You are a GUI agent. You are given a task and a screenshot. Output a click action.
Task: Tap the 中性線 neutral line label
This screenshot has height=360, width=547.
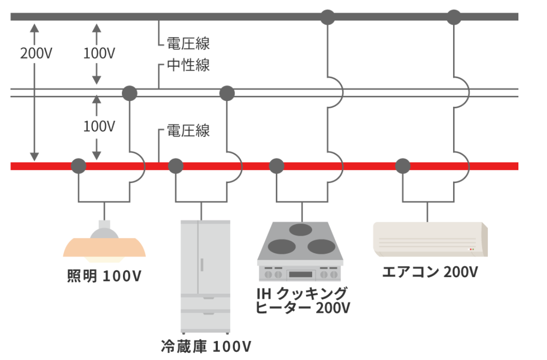click(188, 65)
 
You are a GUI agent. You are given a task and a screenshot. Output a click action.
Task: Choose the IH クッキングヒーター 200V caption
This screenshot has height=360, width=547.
click(303, 300)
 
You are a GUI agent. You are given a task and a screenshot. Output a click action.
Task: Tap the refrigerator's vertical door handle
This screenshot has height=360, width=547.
click(202, 263)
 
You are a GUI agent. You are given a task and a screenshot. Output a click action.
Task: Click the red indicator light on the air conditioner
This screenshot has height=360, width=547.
click(470, 249)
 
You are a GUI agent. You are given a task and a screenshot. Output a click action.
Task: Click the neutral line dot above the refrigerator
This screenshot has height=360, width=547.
click(227, 93)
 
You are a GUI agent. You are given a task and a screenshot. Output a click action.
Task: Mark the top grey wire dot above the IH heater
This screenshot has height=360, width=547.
click(327, 17)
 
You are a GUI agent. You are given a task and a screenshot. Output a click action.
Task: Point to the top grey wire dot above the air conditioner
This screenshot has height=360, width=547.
click(454, 17)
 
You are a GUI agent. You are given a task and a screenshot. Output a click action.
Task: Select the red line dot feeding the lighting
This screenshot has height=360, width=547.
click(79, 166)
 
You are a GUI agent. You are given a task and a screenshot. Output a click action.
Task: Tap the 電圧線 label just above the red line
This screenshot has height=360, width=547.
click(188, 131)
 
